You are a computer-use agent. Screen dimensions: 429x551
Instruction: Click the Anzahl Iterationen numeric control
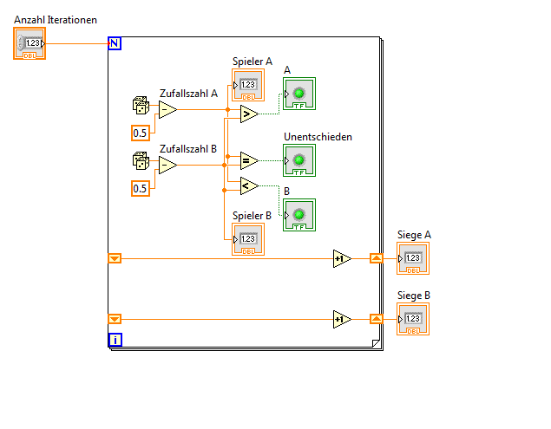(30, 43)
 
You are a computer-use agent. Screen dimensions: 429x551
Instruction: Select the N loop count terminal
(115, 43)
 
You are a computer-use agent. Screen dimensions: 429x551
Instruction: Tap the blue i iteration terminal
(115, 340)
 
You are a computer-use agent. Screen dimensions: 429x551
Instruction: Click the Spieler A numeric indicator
(248, 85)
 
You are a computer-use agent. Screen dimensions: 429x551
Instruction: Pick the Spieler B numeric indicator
(247, 238)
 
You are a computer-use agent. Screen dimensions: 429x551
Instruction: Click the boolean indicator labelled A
(298, 94)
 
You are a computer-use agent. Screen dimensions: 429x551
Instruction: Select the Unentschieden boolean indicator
(298, 160)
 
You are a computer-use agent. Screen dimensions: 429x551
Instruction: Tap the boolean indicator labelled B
(298, 215)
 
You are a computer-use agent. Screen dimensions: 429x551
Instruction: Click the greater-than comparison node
(248, 114)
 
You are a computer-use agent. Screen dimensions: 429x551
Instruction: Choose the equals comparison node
(248, 160)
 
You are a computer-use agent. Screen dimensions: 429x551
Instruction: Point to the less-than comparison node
(248, 185)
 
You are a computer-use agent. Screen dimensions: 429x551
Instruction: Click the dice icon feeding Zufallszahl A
(140, 106)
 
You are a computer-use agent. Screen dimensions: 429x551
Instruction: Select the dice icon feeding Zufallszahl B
(140, 161)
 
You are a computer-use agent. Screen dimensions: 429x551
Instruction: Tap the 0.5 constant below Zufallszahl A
(140, 133)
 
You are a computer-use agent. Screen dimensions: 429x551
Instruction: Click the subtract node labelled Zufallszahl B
(167, 165)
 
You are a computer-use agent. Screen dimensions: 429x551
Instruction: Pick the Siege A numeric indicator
(413, 258)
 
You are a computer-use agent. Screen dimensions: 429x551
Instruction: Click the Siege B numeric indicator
(413, 319)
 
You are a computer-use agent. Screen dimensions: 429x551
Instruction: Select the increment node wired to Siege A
(342, 258)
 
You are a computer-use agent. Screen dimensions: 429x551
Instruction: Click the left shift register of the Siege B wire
(115, 319)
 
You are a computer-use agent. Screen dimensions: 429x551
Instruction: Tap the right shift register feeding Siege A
(376, 258)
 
